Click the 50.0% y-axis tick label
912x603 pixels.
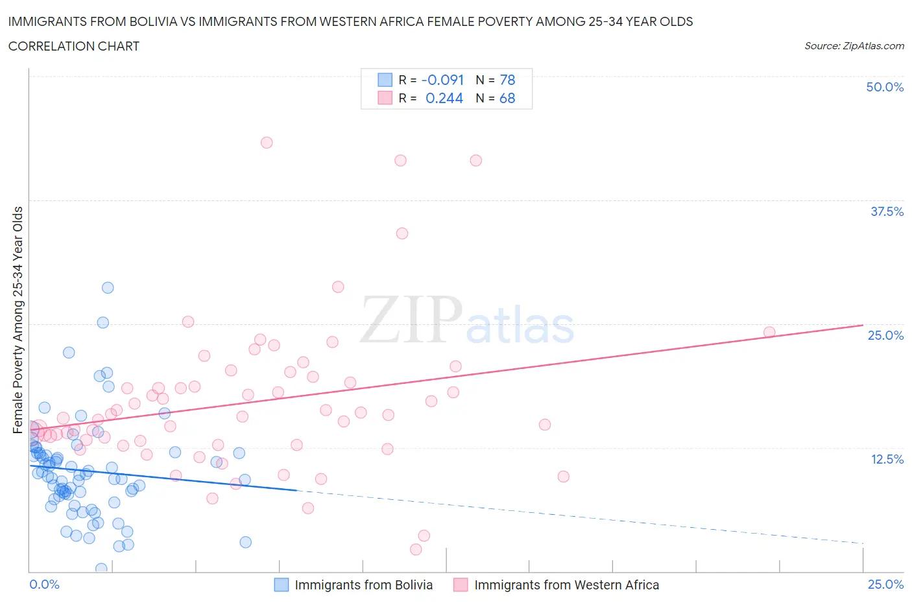click(x=885, y=87)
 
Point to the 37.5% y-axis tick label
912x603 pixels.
click(x=887, y=211)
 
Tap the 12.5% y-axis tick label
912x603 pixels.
click(x=887, y=459)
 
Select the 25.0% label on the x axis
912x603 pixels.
click(x=885, y=584)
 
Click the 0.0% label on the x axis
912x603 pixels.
click(x=44, y=584)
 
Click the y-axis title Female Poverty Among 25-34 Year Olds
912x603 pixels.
click(x=18, y=320)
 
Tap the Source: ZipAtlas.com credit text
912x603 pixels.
click(x=854, y=45)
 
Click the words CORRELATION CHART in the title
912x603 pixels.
click(x=74, y=46)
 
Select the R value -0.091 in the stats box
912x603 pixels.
click(x=442, y=80)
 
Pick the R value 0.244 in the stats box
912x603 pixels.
click(x=444, y=98)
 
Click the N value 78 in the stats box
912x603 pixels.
click(x=507, y=80)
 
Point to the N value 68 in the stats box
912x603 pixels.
click(x=507, y=98)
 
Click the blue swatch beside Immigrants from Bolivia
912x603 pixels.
click(x=282, y=585)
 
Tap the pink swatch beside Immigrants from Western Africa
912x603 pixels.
click(x=461, y=585)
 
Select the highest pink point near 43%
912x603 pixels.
click(x=267, y=143)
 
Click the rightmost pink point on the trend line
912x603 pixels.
click(x=769, y=332)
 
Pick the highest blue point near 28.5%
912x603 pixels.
click(x=108, y=288)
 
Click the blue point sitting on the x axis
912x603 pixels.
click(x=101, y=569)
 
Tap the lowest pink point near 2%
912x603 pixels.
click(x=416, y=549)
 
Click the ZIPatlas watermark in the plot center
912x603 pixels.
click(x=467, y=320)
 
